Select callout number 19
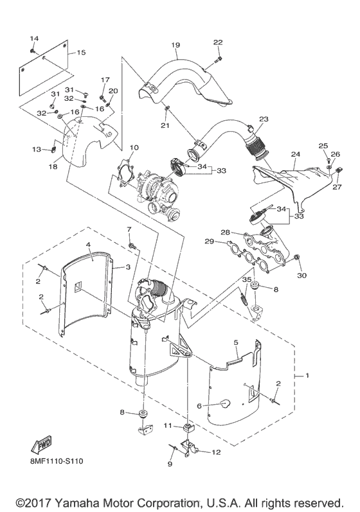pos(175,45)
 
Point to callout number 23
pos(264,119)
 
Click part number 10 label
pos(134,148)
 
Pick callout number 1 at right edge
pos(307,376)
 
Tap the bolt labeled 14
pos(33,51)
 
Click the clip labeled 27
pos(338,170)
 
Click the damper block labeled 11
pos(187,428)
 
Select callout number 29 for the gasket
pos(209,242)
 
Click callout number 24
pos(295,154)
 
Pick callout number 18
pos(53,167)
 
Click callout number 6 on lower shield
pos(199,406)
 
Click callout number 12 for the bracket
pos(216,452)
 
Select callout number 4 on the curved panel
pos(88,245)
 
